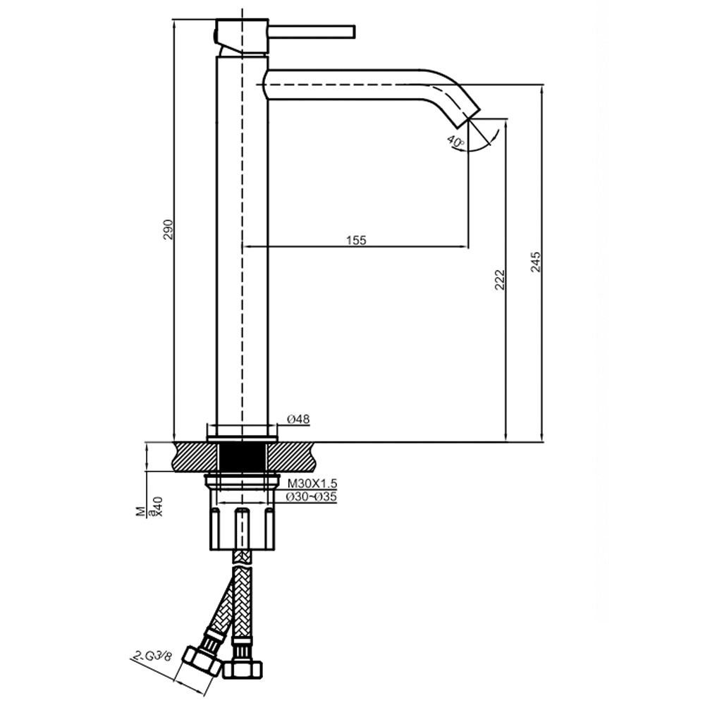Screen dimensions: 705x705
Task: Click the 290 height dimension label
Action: pos(168,229)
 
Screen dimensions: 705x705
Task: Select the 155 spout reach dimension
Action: pos(356,240)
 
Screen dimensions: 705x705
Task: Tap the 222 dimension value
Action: pos(500,279)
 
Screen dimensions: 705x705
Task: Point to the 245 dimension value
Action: pos(536,262)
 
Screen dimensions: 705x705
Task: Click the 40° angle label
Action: pos(456,142)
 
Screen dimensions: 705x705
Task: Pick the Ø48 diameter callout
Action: pos(298,419)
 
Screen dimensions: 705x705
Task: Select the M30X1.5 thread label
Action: pos(312,484)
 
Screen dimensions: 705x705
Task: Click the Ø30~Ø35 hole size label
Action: pos(312,496)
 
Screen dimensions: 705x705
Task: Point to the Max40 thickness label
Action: pos(152,507)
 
